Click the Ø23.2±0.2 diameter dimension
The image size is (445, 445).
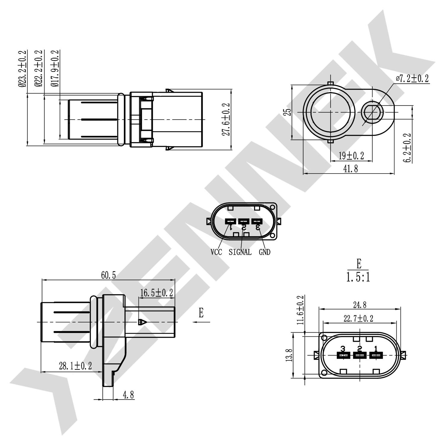click(23, 69)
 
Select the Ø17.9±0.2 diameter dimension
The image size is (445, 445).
click(55, 69)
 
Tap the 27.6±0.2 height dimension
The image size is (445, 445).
click(226, 119)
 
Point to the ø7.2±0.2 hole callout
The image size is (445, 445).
click(412, 79)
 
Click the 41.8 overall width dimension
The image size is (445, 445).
click(350, 169)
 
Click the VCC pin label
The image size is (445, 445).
click(216, 252)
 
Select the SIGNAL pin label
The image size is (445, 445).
click(240, 252)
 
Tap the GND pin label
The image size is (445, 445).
click(265, 252)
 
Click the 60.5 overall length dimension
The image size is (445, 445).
click(108, 275)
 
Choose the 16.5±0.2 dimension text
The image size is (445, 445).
click(156, 293)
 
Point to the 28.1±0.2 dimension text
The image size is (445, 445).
click(75, 366)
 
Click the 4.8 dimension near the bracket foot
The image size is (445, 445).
click(128, 395)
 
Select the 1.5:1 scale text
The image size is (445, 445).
click(358, 277)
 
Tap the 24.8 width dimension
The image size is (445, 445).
click(360, 305)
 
